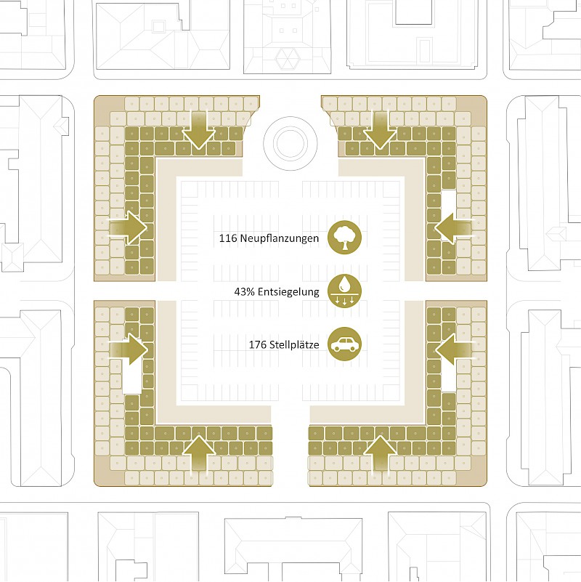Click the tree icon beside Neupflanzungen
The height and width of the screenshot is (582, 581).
tap(344, 238)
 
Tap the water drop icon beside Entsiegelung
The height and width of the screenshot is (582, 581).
tap(344, 291)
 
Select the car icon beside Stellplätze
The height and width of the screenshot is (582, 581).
tap(344, 344)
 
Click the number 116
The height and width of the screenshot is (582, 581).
tap(228, 238)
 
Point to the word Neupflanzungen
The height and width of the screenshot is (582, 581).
tap(280, 238)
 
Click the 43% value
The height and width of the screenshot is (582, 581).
tap(245, 292)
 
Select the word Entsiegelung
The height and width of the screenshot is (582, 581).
tap(288, 292)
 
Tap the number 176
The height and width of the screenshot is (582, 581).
tap(258, 345)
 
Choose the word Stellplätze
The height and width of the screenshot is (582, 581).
tap(294, 345)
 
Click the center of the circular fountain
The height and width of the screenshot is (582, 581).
tap(290, 144)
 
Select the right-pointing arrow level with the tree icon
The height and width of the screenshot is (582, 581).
tap(129, 228)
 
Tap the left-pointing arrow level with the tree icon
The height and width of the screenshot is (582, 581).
tap(453, 228)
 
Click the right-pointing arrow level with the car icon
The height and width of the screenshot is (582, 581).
tap(129, 349)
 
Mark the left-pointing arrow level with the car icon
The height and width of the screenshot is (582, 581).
tap(453, 349)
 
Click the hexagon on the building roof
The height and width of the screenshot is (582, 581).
tap(287, 59)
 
